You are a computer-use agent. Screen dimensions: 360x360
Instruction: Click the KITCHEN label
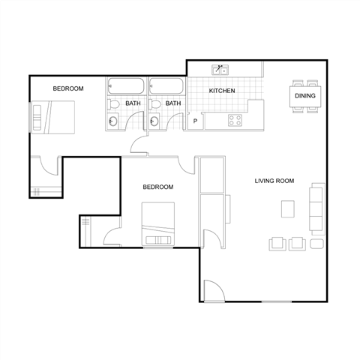(222, 91)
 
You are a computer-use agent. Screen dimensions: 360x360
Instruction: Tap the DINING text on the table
(304, 96)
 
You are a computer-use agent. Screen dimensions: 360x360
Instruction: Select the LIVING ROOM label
(274, 181)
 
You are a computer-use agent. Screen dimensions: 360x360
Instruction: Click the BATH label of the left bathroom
(133, 103)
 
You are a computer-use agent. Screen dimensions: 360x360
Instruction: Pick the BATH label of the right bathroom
(172, 103)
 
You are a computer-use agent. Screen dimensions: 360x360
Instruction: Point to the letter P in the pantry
(195, 121)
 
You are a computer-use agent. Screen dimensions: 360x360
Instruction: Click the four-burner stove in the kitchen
(235, 119)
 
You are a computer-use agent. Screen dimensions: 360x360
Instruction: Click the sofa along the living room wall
(316, 207)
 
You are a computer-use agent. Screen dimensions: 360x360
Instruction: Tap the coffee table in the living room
(287, 208)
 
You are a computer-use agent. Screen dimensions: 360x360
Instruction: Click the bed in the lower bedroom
(158, 223)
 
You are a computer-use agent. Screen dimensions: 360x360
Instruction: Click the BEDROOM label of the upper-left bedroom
(68, 88)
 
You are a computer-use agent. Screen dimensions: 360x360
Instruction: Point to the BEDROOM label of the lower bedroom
(158, 187)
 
